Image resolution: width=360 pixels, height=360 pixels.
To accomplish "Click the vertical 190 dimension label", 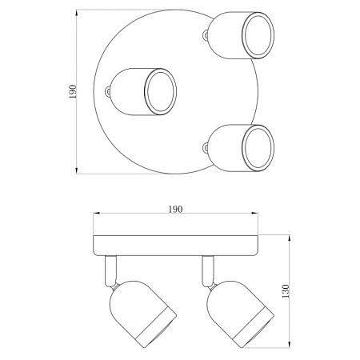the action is (73, 91).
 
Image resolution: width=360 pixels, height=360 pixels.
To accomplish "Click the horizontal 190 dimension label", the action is (175, 210).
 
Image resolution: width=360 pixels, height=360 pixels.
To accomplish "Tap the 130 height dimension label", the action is (286, 291).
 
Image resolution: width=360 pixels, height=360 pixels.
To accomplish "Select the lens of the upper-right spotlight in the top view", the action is (258, 35).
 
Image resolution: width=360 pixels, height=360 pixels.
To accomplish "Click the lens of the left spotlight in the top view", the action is (160, 92).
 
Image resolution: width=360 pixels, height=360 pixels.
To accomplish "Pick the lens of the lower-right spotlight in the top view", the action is (258, 148).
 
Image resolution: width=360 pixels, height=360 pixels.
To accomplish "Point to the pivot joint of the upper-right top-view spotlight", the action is (205, 35).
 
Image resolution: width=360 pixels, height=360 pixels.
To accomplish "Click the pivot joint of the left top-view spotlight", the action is (107, 92).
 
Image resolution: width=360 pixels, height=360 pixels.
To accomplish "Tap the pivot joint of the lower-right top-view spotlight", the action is (205, 148).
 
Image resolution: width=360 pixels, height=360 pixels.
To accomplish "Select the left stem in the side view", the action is (110, 271).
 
